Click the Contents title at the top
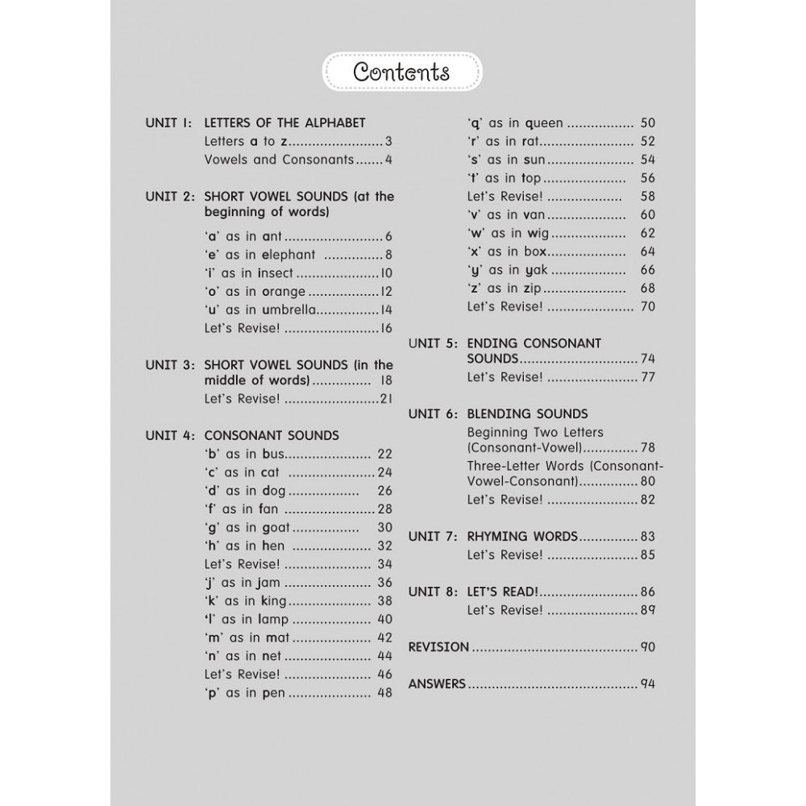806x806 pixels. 401,72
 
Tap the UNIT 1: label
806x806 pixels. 168,123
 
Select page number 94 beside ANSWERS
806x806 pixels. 647,683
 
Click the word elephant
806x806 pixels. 291,255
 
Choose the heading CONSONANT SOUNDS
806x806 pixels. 272,435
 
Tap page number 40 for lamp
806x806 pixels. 384,619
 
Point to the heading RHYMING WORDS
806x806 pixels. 522,536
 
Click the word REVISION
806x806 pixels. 438,646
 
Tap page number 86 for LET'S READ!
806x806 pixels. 647,591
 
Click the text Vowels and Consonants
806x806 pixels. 279,160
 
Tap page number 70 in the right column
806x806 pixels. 647,306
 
